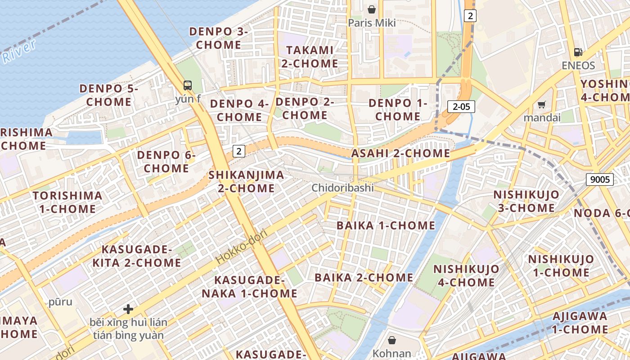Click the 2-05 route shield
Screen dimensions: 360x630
coord(461,107)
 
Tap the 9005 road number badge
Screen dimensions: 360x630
coord(600,180)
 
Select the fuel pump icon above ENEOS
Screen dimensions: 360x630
coord(578,52)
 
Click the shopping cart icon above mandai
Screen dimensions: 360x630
coord(542,104)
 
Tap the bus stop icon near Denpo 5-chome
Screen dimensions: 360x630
coord(188,85)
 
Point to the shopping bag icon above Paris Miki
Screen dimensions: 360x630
coord(372,9)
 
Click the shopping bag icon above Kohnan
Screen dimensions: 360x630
coord(392,340)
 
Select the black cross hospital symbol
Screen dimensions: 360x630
coord(128,309)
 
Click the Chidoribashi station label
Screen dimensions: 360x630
coord(342,188)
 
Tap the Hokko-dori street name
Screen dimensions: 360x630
coord(241,247)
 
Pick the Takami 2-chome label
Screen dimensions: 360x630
coord(310,57)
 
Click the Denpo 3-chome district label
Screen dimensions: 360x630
coord(219,38)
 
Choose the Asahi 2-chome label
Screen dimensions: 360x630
coord(400,153)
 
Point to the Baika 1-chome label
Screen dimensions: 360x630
coord(386,225)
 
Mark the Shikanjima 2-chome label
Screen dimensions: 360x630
coord(246,181)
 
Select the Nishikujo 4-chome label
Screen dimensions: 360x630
coord(466,275)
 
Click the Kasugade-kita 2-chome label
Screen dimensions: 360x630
coord(137,256)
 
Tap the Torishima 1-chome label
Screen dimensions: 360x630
coord(67,202)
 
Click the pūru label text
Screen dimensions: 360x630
coord(60,302)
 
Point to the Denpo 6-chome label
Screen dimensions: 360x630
coord(166,162)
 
